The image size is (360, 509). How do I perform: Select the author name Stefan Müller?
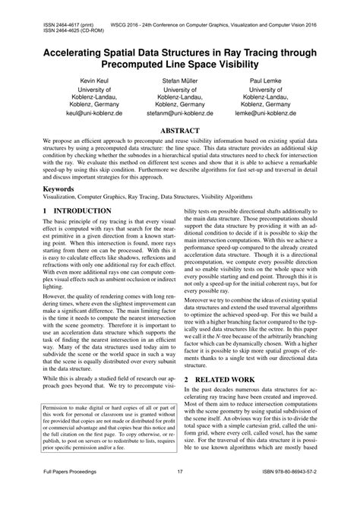[180, 79]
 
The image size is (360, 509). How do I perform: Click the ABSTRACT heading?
[180, 131]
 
